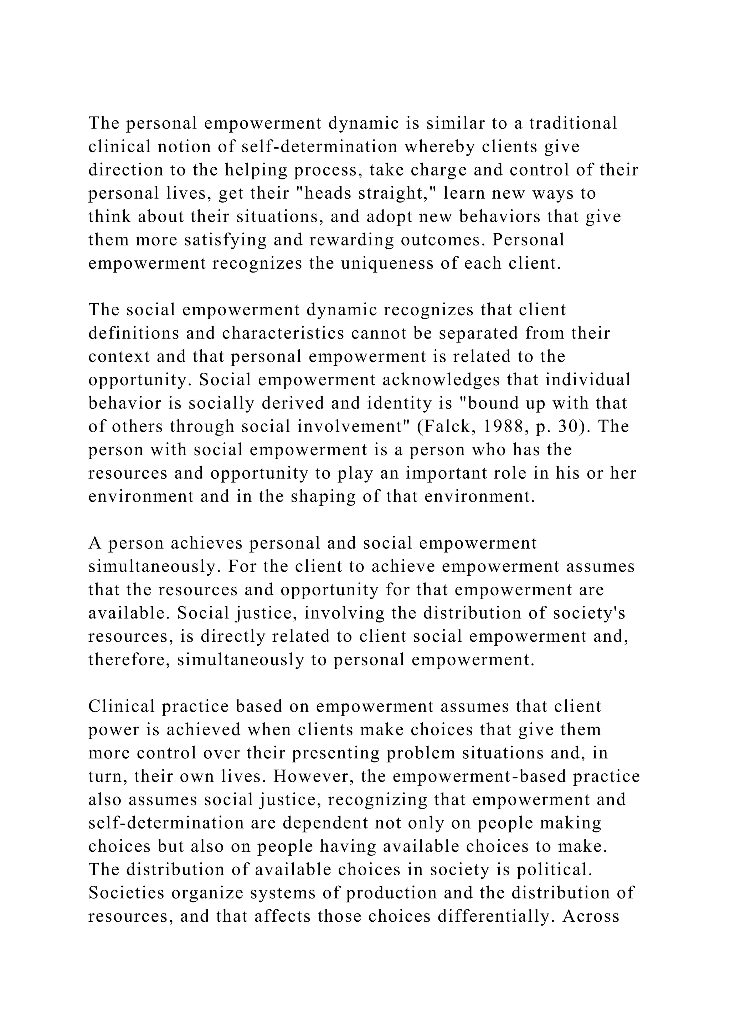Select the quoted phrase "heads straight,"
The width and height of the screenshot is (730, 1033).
tap(369, 193)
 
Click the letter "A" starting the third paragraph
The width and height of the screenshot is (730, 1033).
tap(95, 543)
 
